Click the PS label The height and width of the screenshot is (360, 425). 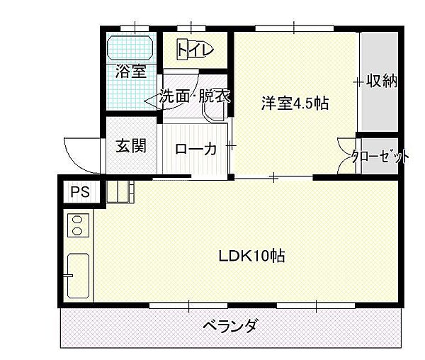coord(80,192)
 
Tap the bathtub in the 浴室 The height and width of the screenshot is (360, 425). coord(130,47)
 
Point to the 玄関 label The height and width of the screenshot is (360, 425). coord(131,146)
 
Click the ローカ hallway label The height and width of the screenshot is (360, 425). coord(195,149)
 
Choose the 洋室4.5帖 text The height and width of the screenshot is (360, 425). coord(295,103)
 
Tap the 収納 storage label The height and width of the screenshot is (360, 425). coord(382,81)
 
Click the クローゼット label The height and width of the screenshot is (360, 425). coord(380,156)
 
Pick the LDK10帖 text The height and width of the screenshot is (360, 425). coord(251,256)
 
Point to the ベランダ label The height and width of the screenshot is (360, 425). coord(229,325)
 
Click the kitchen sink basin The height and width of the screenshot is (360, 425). coord(78,276)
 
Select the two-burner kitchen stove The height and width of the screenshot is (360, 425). coord(78,225)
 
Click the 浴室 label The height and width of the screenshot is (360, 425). coord(131,72)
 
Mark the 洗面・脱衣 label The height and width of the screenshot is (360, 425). coord(195,96)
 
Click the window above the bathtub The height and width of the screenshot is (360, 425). coord(135,28)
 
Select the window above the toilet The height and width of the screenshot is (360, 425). coord(191,28)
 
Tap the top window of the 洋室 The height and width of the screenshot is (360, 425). coord(295,28)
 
